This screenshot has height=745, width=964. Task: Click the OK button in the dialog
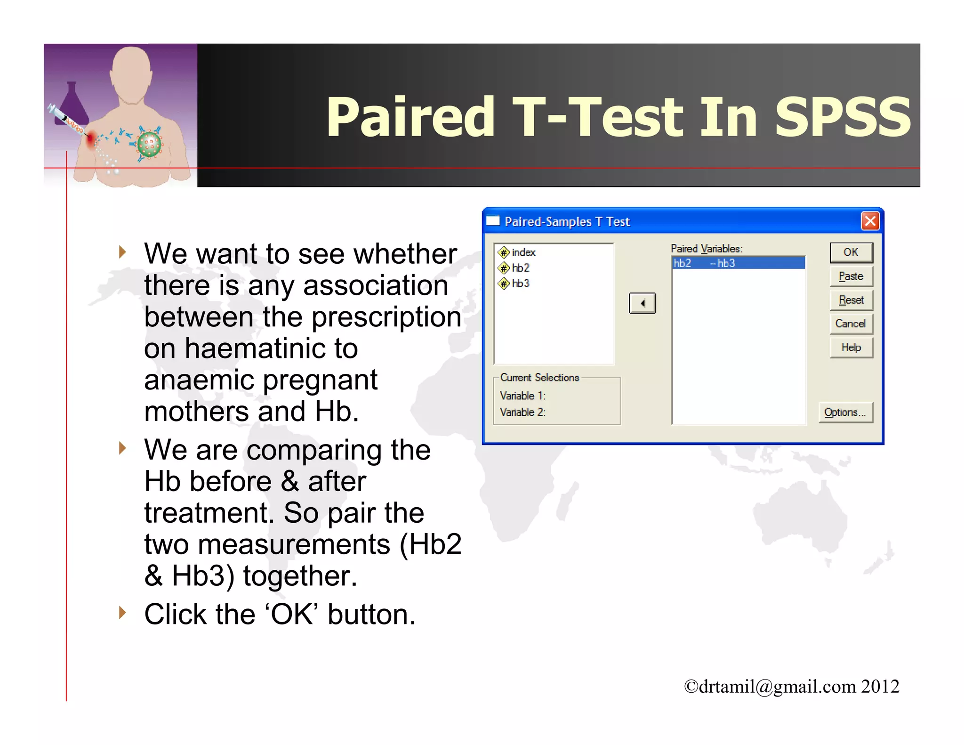[x=851, y=252]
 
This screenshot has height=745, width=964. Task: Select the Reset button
[x=851, y=300]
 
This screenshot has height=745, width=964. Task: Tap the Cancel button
[x=851, y=324]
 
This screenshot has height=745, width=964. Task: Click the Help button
[x=851, y=348]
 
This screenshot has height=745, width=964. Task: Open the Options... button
[x=845, y=413]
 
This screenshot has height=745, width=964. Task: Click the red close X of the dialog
[x=870, y=221]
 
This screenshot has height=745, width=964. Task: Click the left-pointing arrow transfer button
[x=642, y=303]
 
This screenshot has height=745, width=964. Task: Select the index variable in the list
[x=523, y=252]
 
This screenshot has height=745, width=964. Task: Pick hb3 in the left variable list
[x=520, y=283]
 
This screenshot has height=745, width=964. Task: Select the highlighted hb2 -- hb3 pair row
[x=738, y=263]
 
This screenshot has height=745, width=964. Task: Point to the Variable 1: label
[x=522, y=396]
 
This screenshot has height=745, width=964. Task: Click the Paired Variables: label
[x=706, y=249]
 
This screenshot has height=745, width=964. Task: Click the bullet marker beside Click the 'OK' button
[x=122, y=613]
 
